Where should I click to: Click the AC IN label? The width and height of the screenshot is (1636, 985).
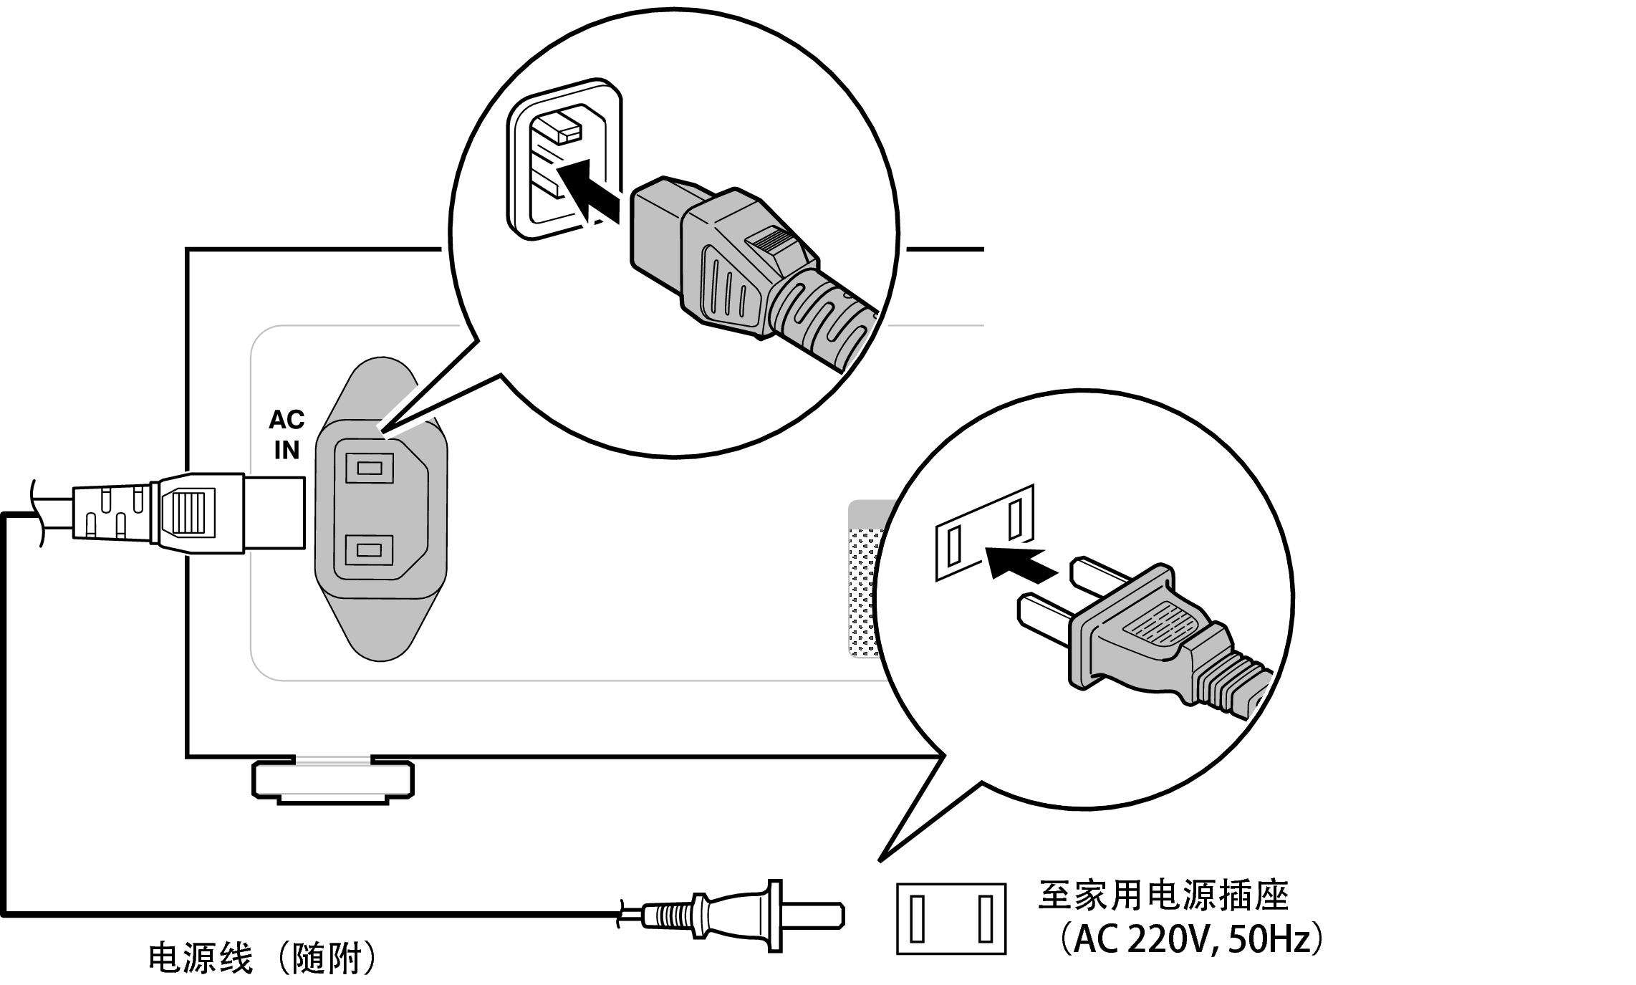tap(287, 435)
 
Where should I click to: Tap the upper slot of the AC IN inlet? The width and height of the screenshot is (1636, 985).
tap(369, 469)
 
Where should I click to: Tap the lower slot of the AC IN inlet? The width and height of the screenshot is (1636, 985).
tap(369, 550)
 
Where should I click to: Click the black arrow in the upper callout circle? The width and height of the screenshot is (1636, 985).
tap(587, 191)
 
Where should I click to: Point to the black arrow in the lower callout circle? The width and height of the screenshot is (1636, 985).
tap(1021, 561)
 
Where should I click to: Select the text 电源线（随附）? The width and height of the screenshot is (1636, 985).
tap(262, 958)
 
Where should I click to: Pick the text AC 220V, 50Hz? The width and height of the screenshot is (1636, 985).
tap(1191, 940)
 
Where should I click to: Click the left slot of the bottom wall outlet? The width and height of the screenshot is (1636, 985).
tap(918, 918)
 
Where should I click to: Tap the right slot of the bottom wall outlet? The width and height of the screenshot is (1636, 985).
tap(986, 918)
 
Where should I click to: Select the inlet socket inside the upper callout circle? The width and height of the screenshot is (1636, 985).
tap(564, 159)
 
